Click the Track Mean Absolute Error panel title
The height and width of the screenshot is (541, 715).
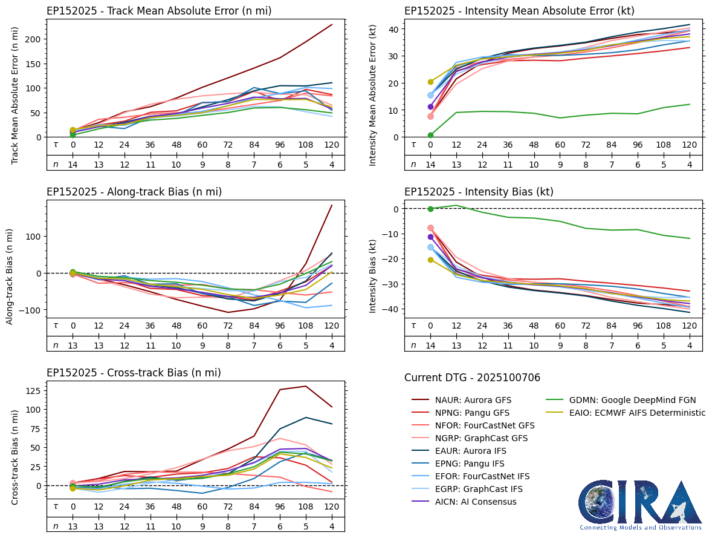(x=159, y=11)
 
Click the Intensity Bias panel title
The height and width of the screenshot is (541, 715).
(x=479, y=192)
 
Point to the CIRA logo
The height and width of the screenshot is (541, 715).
(x=640, y=505)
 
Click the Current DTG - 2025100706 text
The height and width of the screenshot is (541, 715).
(x=472, y=378)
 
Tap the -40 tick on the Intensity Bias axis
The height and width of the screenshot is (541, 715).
(x=391, y=309)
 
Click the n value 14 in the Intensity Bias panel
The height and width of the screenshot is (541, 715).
(x=430, y=345)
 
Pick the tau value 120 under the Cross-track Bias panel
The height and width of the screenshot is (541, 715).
(x=331, y=507)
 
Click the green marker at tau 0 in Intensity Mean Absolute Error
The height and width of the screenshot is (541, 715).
(x=430, y=135)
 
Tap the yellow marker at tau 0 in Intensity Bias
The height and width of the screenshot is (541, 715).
(x=430, y=260)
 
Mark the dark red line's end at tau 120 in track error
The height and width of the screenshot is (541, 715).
(x=331, y=25)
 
